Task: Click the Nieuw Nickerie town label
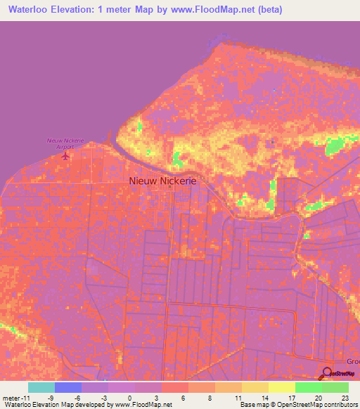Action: click(x=163, y=181)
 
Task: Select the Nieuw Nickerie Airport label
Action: click(x=65, y=143)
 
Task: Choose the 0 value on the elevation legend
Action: click(x=129, y=397)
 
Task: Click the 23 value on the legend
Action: click(x=344, y=397)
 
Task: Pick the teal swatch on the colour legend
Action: click(x=41, y=387)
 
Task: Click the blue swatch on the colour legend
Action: click(x=68, y=387)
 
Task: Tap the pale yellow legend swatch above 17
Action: click(x=282, y=387)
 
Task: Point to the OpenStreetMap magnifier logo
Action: click(x=328, y=373)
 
